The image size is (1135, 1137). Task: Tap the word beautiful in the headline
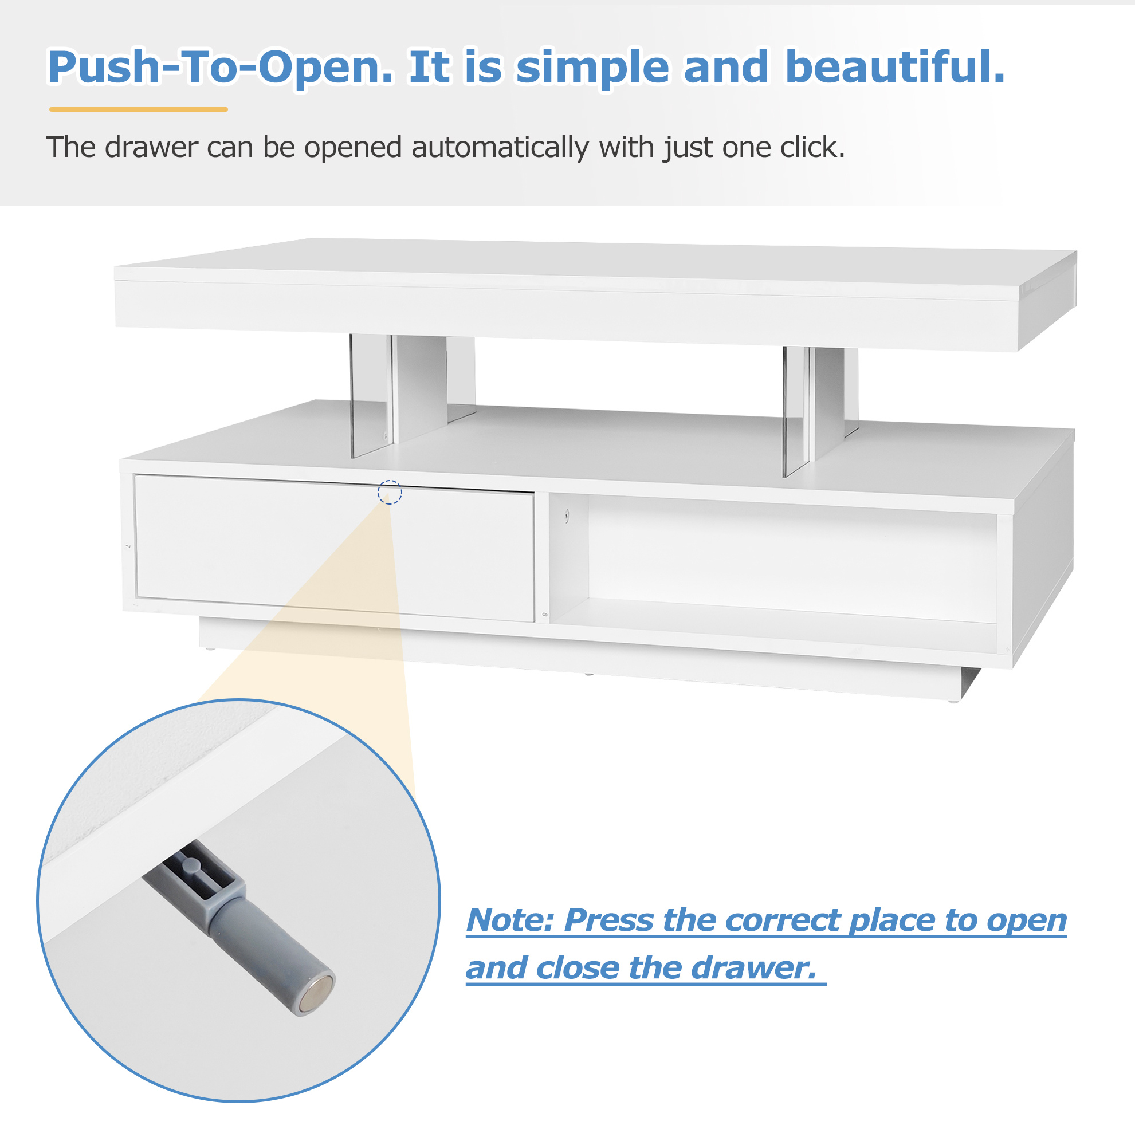895,66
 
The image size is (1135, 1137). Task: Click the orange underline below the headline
138,109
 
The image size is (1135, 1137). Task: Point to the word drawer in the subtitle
152,147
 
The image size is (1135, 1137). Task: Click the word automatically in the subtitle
500,148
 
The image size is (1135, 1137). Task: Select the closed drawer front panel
335,548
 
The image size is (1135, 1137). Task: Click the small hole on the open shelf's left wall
567,516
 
